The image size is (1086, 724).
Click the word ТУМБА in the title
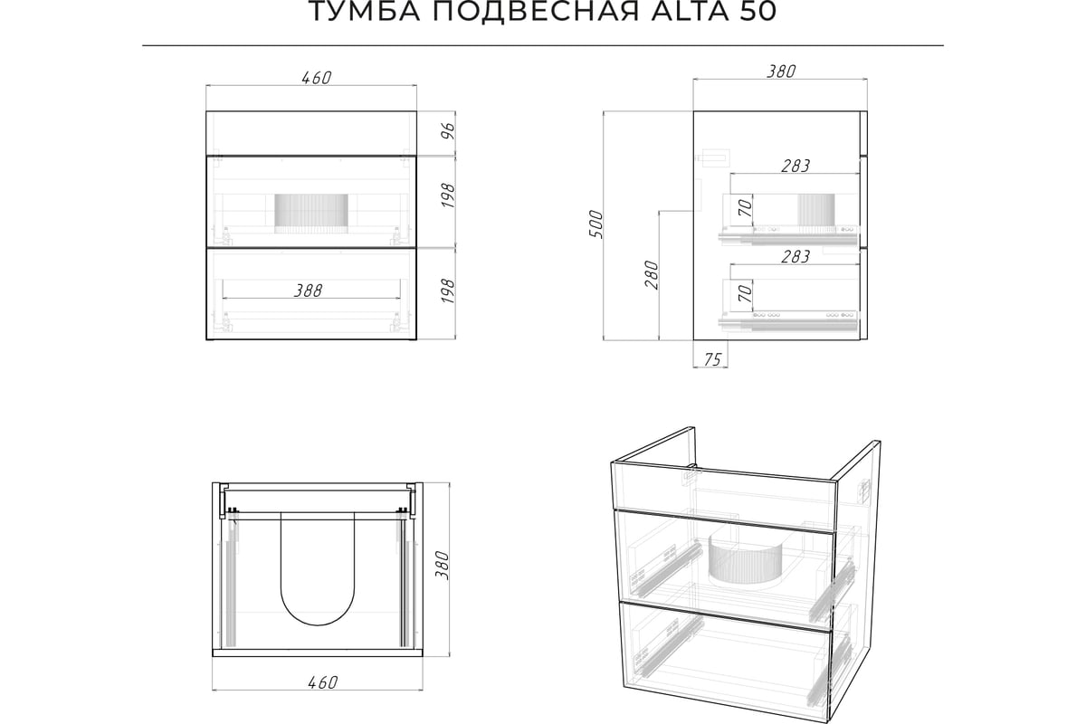pyautogui.click(x=365, y=11)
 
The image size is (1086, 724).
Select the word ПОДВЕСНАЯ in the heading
pyautogui.click(x=536, y=11)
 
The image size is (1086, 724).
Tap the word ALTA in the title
pyautogui.click(x=690, y=11)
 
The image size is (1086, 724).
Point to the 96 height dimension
pyautogui.click(x=450, y=131)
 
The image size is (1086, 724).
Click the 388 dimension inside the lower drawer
pyautogui.click(x=309, y=291)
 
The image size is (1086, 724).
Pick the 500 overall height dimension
pyautogui.click(x=595, y=224)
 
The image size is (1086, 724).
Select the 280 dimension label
pyautogui.click(x=653, y=275)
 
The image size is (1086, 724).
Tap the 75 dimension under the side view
pyautogui.click(x=712, y=359)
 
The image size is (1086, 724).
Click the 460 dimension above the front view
pyautogui.click(x=317, y=78)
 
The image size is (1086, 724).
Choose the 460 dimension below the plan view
pyautogui.click(x=322, y=682)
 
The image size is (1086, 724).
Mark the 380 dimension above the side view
pyautogui.click(x=781, y=71)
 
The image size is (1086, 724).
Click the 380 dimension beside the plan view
pyautogui.click(x=443, y=565)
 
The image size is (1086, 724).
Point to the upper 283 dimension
pyautogui.click(x=795, y=166)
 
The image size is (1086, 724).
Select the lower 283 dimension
pyautogui.click(x=795, y=256)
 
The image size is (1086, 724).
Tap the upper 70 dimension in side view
pyautogui.click(x=746, y=208)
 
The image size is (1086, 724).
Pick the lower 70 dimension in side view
pyautogui.click(x=746, y=293)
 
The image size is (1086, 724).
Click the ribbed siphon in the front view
pyautogui.click(x=311, y=214)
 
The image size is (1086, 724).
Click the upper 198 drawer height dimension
pyautogui.click(x=450, y=195)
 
